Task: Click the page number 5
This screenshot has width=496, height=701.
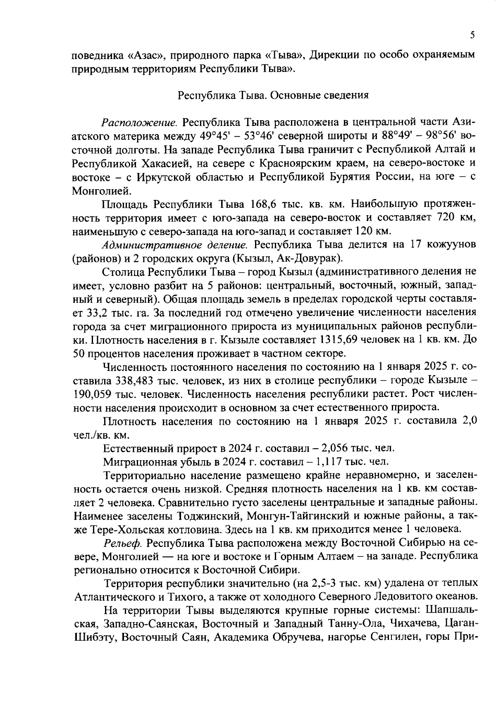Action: pyautogui.click(x=472, y=35)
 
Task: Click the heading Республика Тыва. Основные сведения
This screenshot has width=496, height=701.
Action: pyautogui.click(x=273, y=95)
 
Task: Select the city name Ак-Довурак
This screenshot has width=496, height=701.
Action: pyautogui.click(x=308, y=259)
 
